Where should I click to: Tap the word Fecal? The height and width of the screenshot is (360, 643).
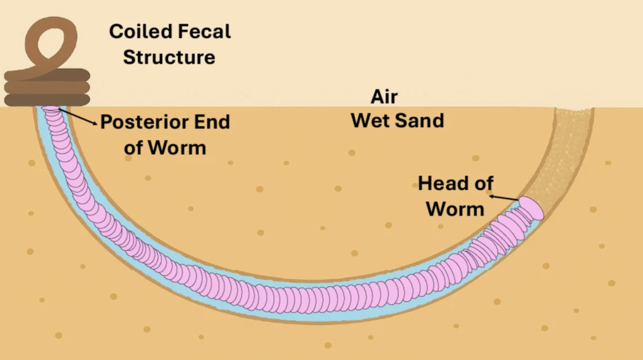pyautogui.click(x=204, y=31)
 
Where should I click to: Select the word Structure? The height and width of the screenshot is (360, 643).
pyautogui.click(x=169, y=57)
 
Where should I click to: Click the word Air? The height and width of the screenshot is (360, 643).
pyautogui.click(x=384, y=97)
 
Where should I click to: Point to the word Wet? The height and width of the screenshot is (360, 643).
pyautogui.click(x=370, y=121)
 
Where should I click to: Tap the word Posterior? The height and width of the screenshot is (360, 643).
pyautogui.click(x=145, y=122)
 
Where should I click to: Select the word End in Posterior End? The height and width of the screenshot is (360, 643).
pyautogui.click(x=212, y=122)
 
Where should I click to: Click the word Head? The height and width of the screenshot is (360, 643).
pyautogui.click(x=443, y=183)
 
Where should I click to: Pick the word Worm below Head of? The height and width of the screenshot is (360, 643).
pyautogui.click(x=455, y=209)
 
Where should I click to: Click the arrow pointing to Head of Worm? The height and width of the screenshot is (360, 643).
pyautogui.click(x=504, y=198)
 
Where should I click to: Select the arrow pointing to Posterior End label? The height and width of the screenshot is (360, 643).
pyautogui.click(x=78, y=117)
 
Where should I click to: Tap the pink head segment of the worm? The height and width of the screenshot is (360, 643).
pyautogui.click(x=532, y=208)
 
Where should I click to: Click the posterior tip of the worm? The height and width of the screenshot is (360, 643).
pyautogui.click(x=51, y=109)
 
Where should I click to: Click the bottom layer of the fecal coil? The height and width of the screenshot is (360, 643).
pyautogui.click(x=47, y=100)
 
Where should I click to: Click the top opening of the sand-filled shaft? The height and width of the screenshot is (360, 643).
pyautogui.click(x=574, y=109)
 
